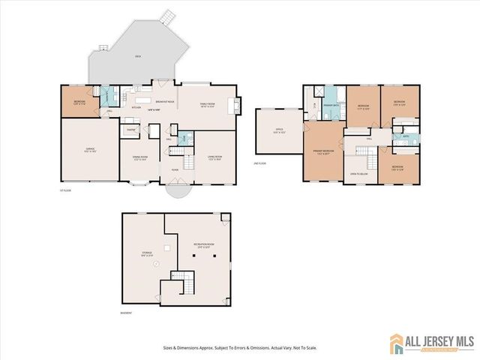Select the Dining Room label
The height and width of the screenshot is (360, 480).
click(140, 157)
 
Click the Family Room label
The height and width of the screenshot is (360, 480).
click(208, 105)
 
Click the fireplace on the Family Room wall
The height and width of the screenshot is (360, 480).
click(238, 105)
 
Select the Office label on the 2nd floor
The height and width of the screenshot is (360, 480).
click(278, 130)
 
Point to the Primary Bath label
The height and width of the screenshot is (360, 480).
click(329, 106)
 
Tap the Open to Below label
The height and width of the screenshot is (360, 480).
click(358, 174)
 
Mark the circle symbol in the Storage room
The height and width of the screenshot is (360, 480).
click(156, 264)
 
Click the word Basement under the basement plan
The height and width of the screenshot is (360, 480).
click(127, 313)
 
